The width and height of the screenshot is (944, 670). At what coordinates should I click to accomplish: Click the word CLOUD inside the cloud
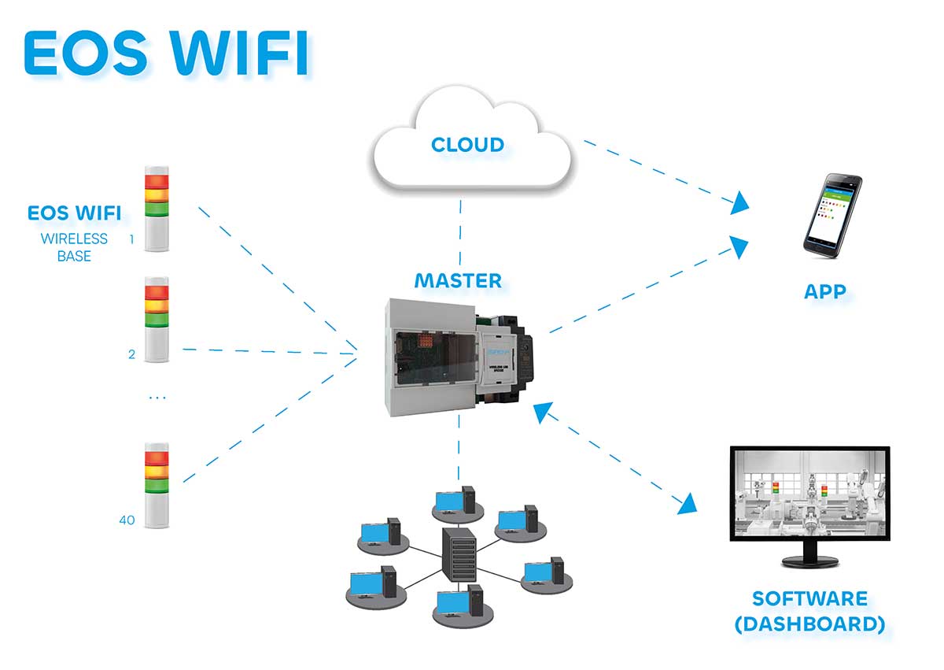click(x=467, y=145)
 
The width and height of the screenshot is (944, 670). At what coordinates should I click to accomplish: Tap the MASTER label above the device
click(x=458, y=280)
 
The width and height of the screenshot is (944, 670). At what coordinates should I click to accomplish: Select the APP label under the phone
click(x=824, y=291)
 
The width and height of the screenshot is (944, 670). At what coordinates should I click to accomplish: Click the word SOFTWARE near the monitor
click(x=809, y=598)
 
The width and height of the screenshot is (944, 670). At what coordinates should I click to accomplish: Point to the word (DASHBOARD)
click(x=809, y=624)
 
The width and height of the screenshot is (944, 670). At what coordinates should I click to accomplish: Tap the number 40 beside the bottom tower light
click(x=127, y=520)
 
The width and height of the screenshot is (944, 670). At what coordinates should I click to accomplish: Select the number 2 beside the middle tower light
click(x=131, y=354)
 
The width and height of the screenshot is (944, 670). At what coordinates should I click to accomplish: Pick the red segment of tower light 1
click(x=156, y=182)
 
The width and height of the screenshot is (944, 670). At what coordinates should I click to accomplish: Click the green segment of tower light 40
click(x=156, y=485)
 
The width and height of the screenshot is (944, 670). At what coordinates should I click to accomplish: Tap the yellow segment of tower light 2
click(x=156, y=305)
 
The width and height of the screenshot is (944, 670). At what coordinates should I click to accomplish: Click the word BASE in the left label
click(x=74, y=257)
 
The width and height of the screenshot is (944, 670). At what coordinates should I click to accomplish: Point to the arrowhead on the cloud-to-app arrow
click(x=739, y=205)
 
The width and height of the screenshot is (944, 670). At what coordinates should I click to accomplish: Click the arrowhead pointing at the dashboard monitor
click(x=688, y=504)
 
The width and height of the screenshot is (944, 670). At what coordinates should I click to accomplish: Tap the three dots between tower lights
click(x=157, y=398)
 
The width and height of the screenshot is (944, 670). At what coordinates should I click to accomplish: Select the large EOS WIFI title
click(x=165, y=53)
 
